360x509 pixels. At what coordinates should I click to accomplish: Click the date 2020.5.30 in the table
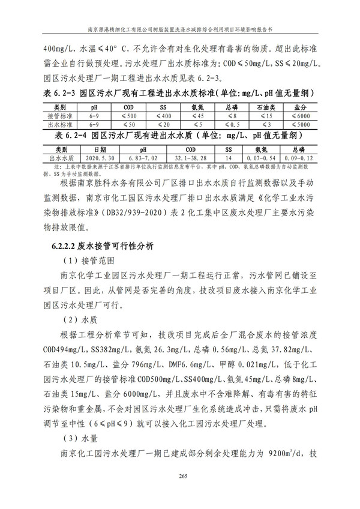point(100,157)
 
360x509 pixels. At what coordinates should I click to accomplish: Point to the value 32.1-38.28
point(190,157)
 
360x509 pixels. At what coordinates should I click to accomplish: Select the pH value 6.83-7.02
point(142,157)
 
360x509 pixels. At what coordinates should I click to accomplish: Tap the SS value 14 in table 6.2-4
point(227,157)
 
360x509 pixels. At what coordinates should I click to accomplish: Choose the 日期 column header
point(100,148)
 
